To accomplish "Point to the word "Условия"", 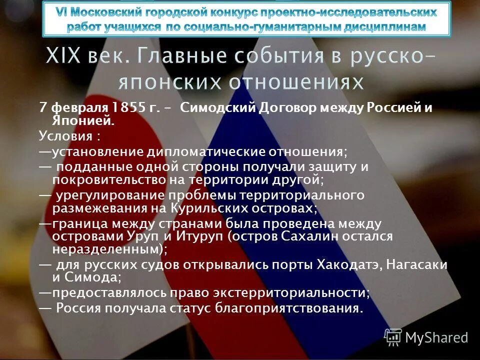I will point(63,136).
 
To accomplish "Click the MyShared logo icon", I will point(393,337).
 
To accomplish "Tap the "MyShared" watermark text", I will point(436,338).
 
